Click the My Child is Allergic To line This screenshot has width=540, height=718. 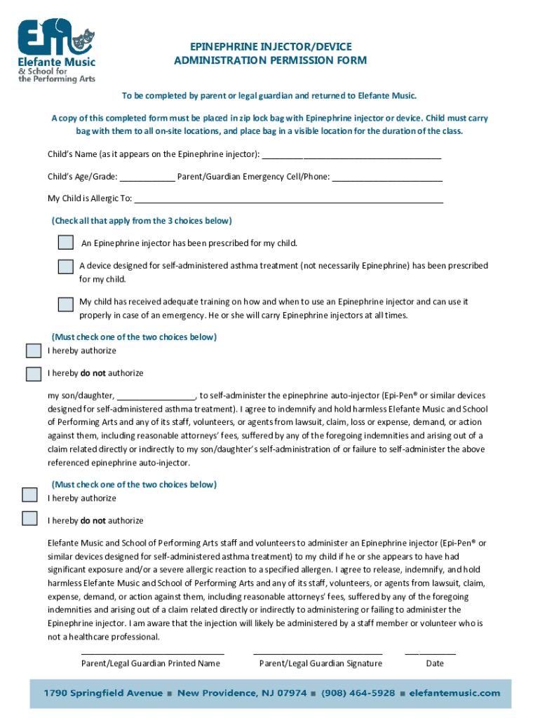pos(288,201)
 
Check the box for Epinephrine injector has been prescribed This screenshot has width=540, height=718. pos(66,243)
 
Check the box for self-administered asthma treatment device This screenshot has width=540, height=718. pos(66,266)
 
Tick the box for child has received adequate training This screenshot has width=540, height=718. pos(66,304)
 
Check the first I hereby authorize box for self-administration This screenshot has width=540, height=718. pos(34,351)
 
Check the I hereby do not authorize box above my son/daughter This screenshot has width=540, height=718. pos(34,374)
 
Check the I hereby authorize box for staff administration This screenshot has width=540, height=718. pos(29,495)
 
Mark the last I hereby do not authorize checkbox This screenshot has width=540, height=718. pos(29,519)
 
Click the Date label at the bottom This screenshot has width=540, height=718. pos(435,663)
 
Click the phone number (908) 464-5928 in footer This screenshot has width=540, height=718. pos(358,693)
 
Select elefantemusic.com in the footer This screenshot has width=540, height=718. pos(454,693)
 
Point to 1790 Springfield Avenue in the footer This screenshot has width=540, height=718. pos(103,693)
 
